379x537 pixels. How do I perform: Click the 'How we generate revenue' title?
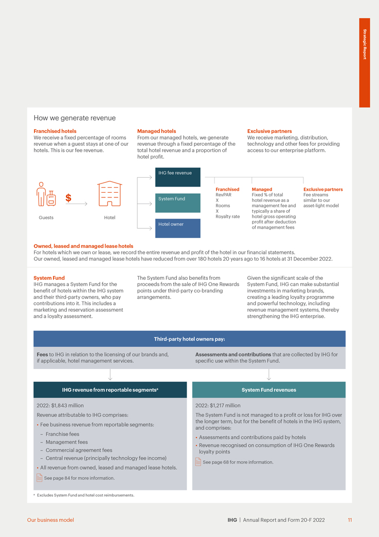pyautogui.click(x=75, y=118)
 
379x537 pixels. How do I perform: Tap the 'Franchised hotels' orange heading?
pyautogui.click(x=55, y=131)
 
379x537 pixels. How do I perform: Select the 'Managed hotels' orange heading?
pyautogui.click(x=156, y=131)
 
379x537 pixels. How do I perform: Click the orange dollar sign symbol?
pyautogui.click(x=68, y=198)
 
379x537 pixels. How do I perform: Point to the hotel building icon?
pyautogui.click(x=110, y=194)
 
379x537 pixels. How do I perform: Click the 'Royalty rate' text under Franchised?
pyautogui.click(x=228, y=216)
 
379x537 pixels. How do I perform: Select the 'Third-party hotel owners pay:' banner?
pyautogui.click(x=189, y=339)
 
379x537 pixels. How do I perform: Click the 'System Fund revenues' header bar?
pyautogui.click(x=268, y=390)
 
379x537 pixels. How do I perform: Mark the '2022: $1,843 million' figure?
pyautogui.click(x=60, y=406)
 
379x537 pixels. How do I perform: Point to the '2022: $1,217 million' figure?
pyautogui.click(x=218, y=406)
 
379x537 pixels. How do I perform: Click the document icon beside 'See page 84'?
pyautogui.click(x=40, y=478)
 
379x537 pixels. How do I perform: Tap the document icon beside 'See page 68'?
pyautogui.click(x=198, y=462)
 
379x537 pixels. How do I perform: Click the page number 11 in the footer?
pyautogui.click(x=350, y=520)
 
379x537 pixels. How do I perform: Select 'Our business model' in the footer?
pyautogui.click(x=50, y=520)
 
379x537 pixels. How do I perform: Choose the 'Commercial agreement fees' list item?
pyautogui.click(x=79, y=450)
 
